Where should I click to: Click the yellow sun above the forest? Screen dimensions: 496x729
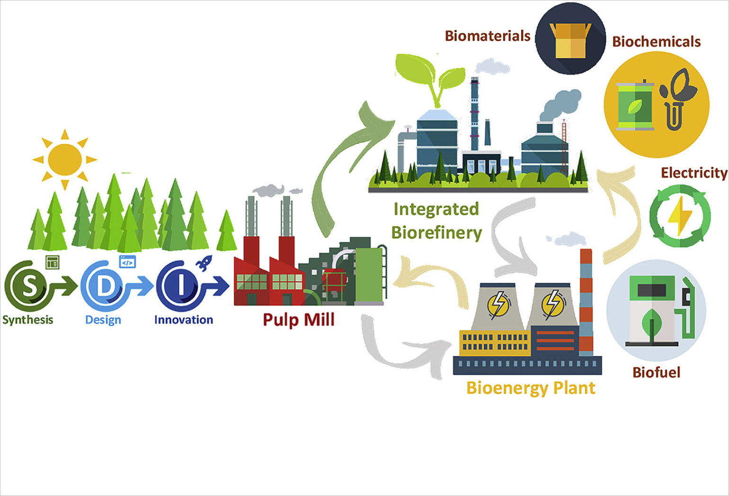tap(65, 159)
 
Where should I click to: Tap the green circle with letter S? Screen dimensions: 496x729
tap(29, 286)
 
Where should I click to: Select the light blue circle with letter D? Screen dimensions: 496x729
tap(105, 286)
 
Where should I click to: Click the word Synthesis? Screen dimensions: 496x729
tap(28, 320)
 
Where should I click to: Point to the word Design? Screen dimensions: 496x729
tap(103, 320)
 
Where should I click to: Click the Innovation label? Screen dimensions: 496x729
tap(184, 320)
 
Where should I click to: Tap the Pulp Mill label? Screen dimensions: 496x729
tap(299, 320)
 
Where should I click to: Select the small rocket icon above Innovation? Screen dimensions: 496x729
tap(204, 262)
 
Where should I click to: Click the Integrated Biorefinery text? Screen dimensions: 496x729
tap(436, 221)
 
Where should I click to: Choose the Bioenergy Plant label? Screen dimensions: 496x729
tap(531, 388)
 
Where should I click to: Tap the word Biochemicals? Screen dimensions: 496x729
tap(656, 42)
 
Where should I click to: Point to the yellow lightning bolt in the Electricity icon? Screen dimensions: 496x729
tap(680, 216)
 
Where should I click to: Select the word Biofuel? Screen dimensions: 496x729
tap(656, 372)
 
